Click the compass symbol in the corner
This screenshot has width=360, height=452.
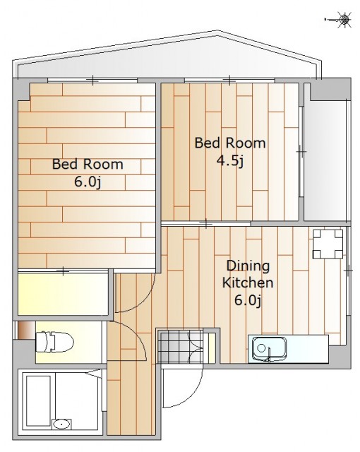[x=344, y=20]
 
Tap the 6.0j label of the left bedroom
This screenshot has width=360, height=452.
[x=88, y=182]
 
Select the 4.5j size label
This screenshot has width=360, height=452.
[x=230, y=161]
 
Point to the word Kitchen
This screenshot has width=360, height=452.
[x=248, y=282]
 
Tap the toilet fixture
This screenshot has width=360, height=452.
[x=54, y=342]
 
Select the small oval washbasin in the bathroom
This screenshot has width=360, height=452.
[x=61, y=424]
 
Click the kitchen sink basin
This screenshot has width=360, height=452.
[x=270, y=348]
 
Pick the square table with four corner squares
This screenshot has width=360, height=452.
[x=328, y=244]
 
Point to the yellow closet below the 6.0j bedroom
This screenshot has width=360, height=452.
[x=63, y=294]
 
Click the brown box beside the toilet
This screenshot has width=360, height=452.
[x=27, y=331]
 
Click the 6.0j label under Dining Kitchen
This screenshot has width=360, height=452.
[x=248, y=300]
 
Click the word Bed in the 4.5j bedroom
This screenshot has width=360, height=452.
[x=208, y=143]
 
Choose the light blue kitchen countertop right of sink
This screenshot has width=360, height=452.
[x=308, y=349]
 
